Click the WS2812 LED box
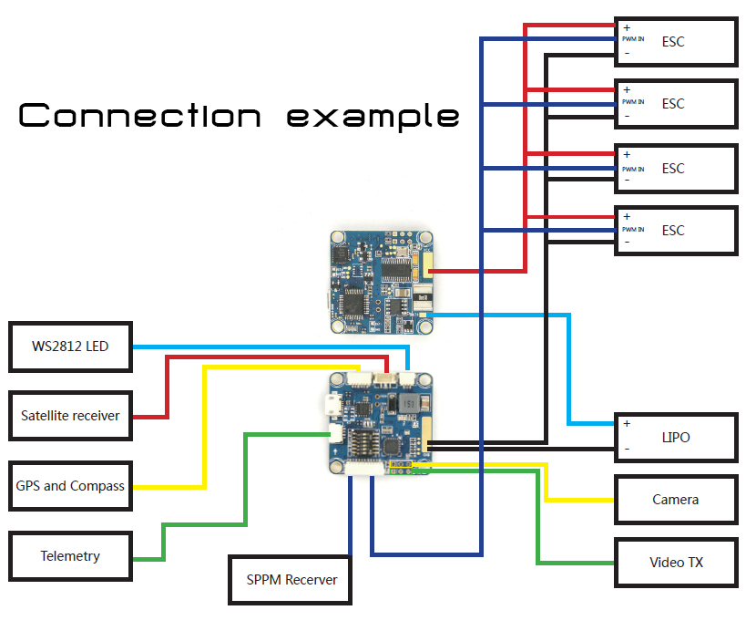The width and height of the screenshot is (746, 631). (70, 347)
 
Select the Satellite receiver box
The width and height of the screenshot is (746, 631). (70, 416)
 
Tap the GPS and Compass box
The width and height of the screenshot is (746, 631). (70, 486)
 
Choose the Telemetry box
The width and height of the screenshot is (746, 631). (70, 555)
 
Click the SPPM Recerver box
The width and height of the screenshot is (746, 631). (290, 579)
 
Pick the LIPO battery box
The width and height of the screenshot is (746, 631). (675, 438)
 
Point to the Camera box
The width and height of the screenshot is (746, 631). (675, 499)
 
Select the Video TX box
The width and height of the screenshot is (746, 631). (675, 562)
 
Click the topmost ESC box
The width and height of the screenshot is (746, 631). (675, 42)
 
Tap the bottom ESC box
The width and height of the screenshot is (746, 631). (675, 231)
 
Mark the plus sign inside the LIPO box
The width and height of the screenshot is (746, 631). (627, 424)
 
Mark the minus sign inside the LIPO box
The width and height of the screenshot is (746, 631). (627, 450)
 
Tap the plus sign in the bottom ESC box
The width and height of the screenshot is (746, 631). (627, 217)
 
